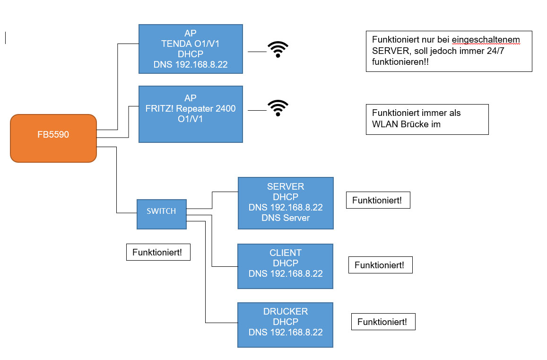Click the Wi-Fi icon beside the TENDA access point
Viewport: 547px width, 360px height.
coord(278,49)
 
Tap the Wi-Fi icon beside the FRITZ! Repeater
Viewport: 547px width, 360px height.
coord(278,108)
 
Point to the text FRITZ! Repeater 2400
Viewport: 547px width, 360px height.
coord(190,109)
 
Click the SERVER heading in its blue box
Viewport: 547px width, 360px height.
coord(285,186)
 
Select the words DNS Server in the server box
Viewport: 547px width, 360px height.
coord(285,218)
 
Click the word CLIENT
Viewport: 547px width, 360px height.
coord(285,253)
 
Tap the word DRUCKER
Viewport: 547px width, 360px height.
coord(285,311)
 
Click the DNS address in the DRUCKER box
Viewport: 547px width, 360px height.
coord(285,332)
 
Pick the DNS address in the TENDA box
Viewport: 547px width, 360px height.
coord(191,64)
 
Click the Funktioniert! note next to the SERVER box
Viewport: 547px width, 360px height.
coord(377,200)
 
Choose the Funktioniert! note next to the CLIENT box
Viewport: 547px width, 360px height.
coord(380,265)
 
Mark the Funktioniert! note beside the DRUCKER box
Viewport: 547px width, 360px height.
coord(382,322)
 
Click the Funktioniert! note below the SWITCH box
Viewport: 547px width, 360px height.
coord(157,252)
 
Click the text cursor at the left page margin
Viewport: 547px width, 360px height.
coord(6,38)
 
